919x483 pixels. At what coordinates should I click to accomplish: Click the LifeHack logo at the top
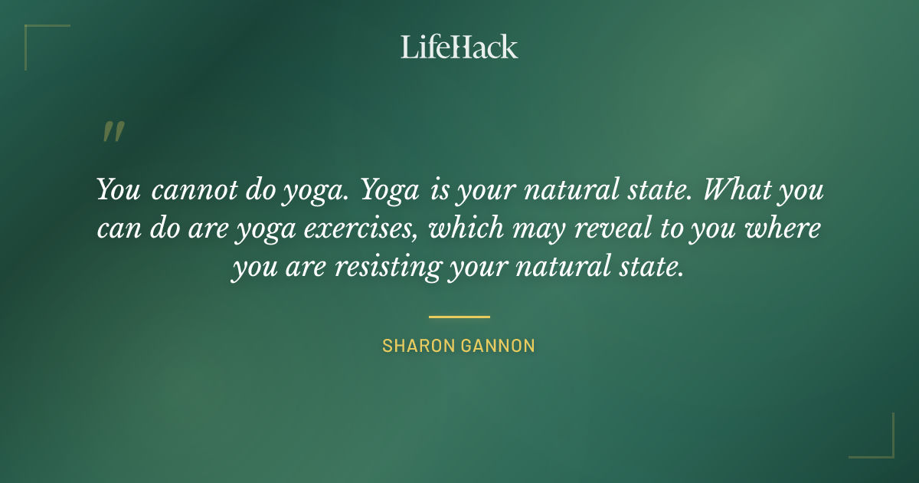(459, 47)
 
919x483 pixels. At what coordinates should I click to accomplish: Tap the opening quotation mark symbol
(113, 132)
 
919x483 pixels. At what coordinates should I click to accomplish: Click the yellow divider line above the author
(459, 317)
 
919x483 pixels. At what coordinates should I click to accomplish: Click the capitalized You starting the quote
(118, 190)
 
